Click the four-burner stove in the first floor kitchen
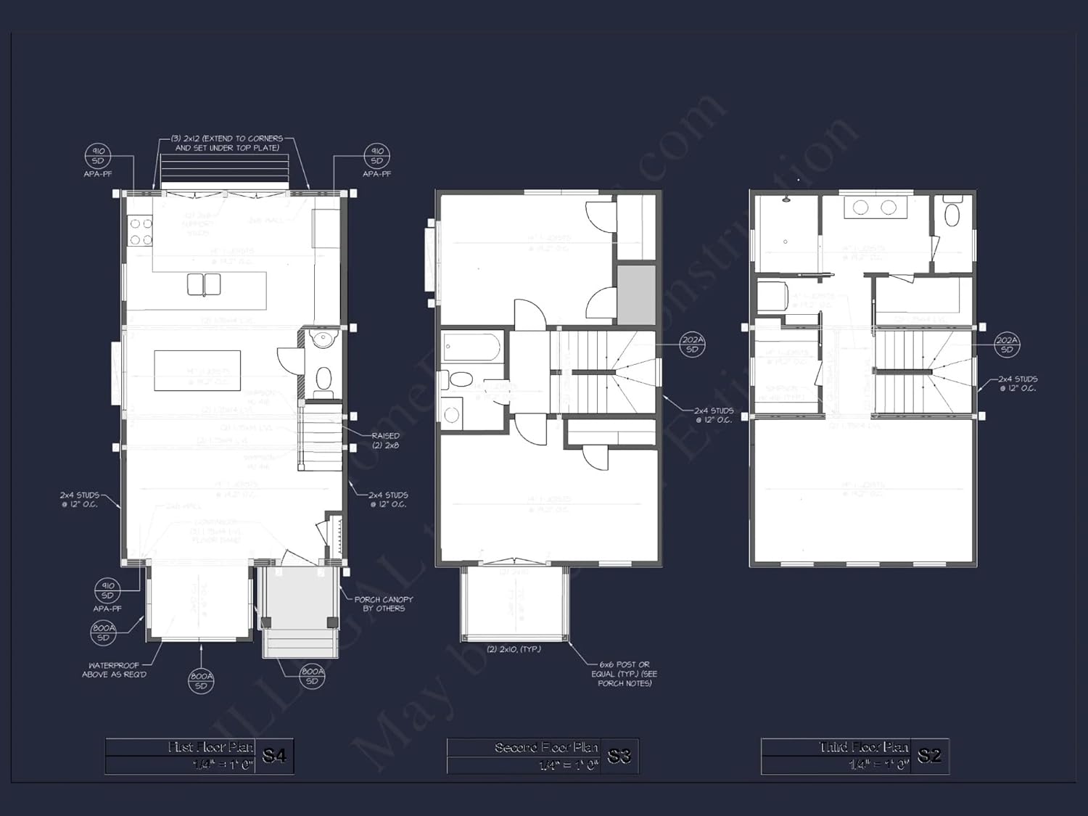[141, 231]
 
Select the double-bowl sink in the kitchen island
[204, 284]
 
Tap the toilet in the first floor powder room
[323, 379]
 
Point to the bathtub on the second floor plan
[471, 347]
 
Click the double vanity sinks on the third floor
[874, 208]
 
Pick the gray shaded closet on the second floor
[636, 294]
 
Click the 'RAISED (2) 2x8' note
[385, 440]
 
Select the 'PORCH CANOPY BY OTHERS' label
[383, 603]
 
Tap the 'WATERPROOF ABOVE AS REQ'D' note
[114, 669]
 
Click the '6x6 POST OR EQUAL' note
[625, 673]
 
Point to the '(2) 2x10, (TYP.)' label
[514, 649]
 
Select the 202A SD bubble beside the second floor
[692, 344]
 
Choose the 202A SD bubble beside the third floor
[1007, 345]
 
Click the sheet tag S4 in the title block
[273, 756]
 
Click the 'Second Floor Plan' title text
[546, 747]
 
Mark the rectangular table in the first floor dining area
[197, 370]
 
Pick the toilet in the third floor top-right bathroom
[952, 214]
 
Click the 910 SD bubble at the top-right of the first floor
[376, 156]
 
